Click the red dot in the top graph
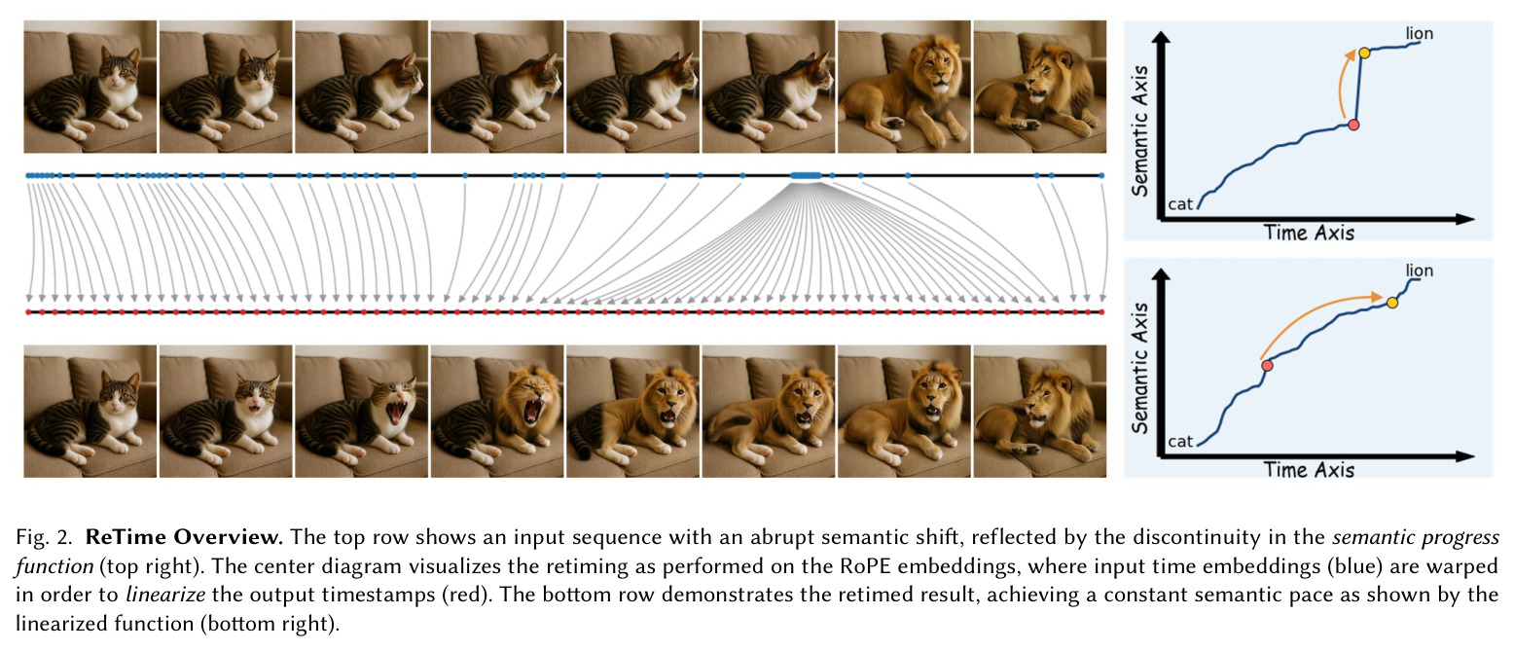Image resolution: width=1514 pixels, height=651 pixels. click(1353, 126)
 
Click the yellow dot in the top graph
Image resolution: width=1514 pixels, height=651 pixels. click(1364, 53)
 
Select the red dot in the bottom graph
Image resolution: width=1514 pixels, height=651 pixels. click(1267, 366)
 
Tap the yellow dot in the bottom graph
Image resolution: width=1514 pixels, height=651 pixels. click(1392, 303)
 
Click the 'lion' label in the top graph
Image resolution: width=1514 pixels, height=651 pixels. click(1420, 33)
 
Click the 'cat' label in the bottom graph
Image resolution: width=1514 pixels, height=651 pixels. click(1180, 442)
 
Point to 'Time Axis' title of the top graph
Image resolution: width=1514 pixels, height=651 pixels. click(1310, 233)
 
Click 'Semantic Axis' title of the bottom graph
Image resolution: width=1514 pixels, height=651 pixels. click(1140, 368)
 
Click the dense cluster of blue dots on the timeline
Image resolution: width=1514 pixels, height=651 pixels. click(807, 176)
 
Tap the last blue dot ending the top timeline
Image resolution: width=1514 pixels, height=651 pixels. click(1101, 176)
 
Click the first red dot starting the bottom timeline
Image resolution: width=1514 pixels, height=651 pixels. click(28, 312)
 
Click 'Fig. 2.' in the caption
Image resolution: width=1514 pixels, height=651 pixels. click(44, 537)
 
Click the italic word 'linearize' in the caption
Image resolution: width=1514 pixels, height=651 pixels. click(165, 595)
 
